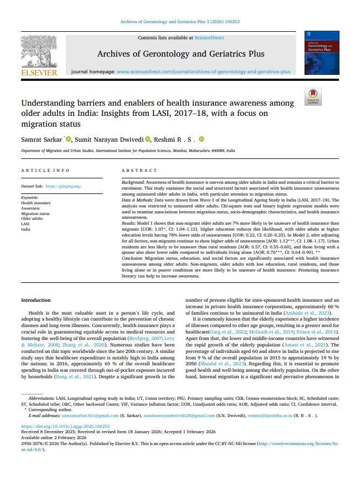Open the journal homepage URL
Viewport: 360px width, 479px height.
click(x=203, y=71)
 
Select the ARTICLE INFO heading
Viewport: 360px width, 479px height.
click(x=45, y=170)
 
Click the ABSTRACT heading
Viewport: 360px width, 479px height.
click(x=140, y=170)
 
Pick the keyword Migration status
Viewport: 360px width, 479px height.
click(x=35, y=213)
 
